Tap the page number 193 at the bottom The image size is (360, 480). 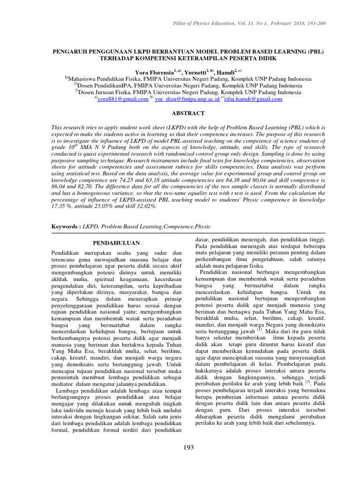[x=188, y=448]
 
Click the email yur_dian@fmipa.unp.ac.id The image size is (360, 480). [x=180, y=99]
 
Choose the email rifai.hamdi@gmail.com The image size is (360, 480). [x=253, y=99]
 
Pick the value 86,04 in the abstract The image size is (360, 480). [x=59, y=186]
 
